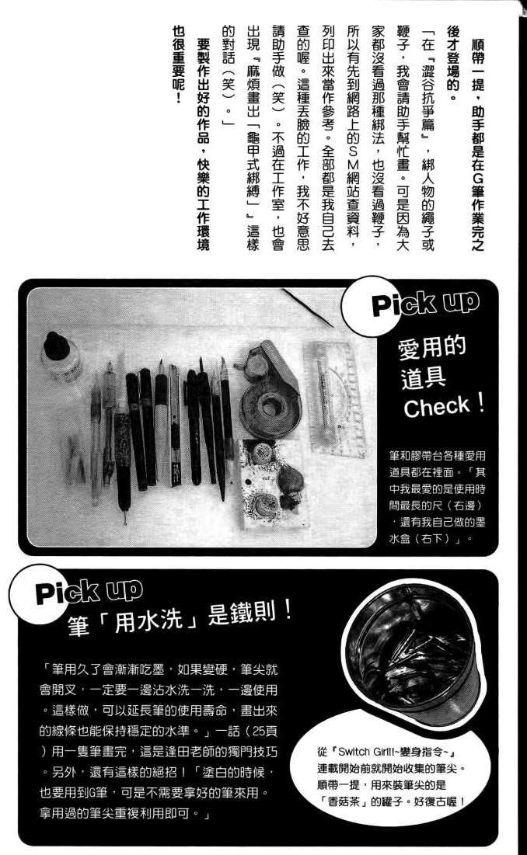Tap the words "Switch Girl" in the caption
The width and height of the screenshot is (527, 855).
pyautogui.click(x=354, y=752)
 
